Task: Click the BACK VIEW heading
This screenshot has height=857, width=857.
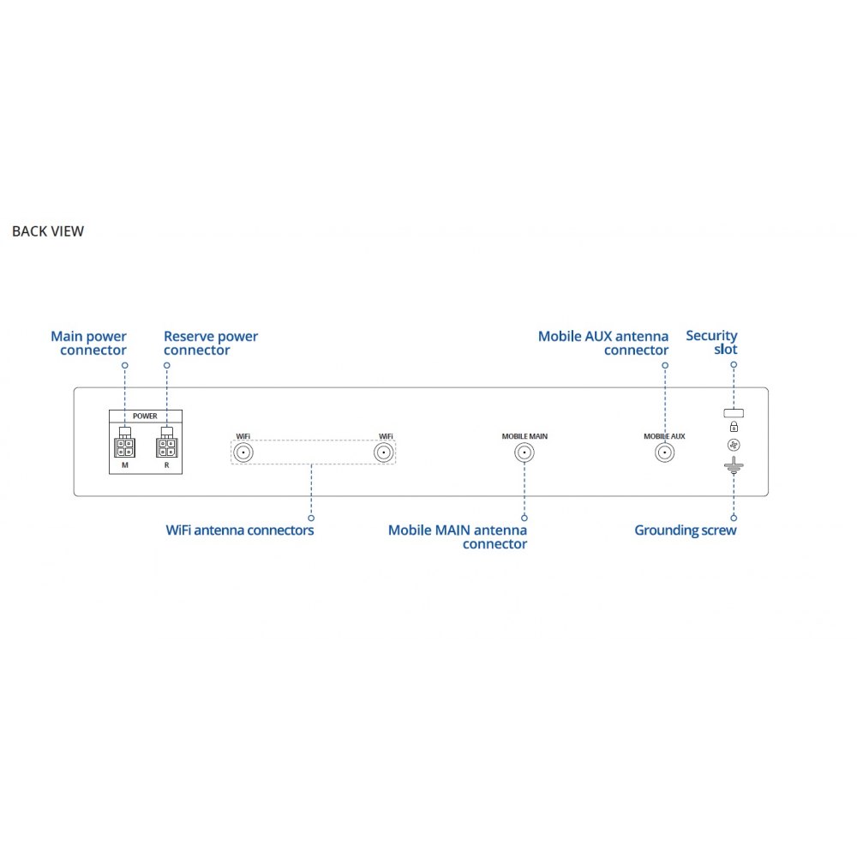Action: [48, 231]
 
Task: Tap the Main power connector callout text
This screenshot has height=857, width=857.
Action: [89, 344]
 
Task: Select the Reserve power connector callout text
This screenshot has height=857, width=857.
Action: [210, 344]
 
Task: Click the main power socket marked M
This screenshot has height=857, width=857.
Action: [124, 447]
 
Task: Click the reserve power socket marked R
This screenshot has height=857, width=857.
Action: [166, 447]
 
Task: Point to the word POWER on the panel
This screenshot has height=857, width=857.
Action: [145, 416]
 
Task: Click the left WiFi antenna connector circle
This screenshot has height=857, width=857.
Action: [243, 453]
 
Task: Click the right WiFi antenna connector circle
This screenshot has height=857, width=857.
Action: [382, 453]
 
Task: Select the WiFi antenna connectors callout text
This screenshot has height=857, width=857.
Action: [240, 530]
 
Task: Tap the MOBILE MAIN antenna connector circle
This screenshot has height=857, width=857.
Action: [524, 453]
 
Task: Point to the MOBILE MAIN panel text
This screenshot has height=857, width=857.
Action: [524, 436]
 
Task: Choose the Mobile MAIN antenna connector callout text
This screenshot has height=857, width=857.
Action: [458, 537]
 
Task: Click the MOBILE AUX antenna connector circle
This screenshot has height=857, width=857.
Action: [664, 453]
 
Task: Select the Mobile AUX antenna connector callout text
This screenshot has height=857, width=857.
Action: [603, 344]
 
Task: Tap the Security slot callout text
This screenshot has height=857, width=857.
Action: [712, 343]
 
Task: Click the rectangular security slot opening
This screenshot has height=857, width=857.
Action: [734, 412]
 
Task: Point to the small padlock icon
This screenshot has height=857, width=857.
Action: [734, 427]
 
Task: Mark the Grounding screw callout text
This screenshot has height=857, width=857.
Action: [685, 530]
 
